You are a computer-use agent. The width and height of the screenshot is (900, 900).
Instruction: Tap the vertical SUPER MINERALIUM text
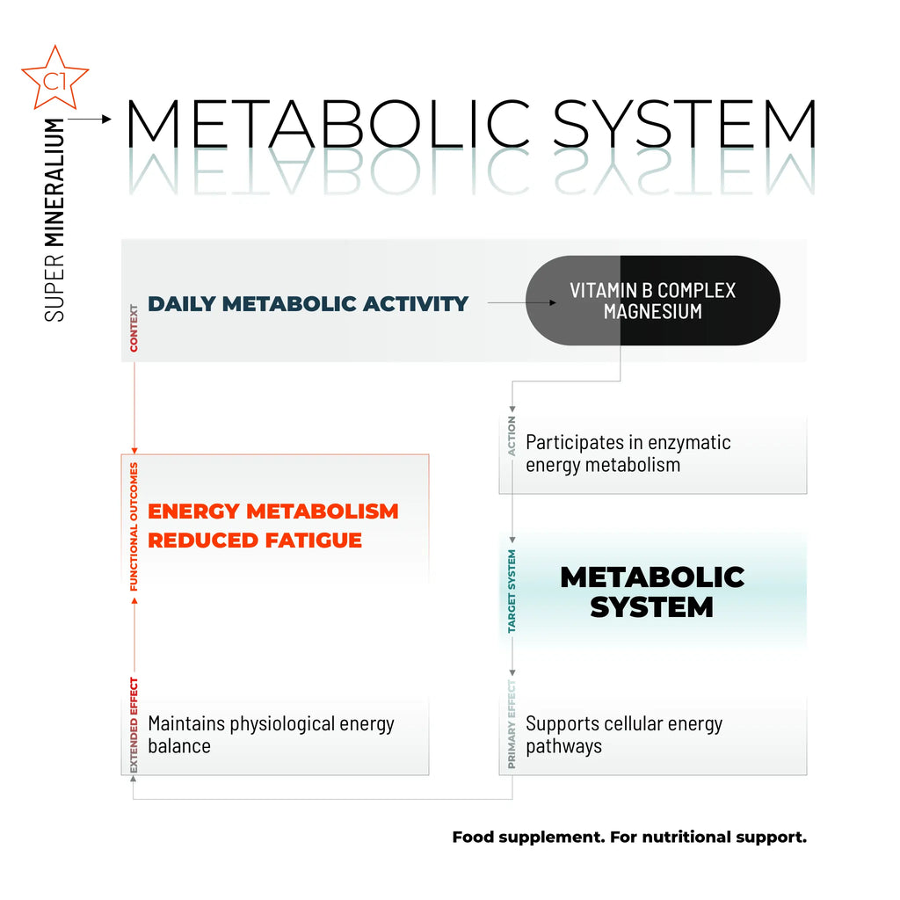pyautogui.click(x=54, y=220)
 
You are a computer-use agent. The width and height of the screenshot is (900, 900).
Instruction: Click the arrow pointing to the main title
pyautogui.click(x=91, y=118)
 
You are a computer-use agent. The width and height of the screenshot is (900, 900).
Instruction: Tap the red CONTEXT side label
pyautogui.click(x=134, y=328)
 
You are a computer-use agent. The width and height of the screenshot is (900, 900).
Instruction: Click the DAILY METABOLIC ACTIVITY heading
pyautogui.click(x=308, y=304)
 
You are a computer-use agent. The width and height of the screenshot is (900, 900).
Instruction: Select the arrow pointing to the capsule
pyautogui.click(x=522, y=303)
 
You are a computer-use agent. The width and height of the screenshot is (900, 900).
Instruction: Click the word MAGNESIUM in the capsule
pyautogui.click(x=652, y=311)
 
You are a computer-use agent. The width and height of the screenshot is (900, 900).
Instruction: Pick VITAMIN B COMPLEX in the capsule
pyautogui.click(x=652, y=290)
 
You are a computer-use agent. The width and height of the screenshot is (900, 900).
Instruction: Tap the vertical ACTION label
pyautogui.click(x=512, y=436)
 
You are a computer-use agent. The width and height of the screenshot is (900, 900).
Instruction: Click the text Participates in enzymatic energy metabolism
pyautogui.click(x=628, y=454)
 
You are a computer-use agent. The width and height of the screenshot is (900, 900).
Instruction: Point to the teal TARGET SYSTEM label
pyautogui.click(x=512, y=592)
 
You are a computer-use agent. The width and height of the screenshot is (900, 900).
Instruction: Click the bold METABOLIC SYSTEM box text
pyautogui.click(x=651, y=592)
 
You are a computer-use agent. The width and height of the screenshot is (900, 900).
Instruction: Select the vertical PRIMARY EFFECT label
pyautogui.click(x=512, y=725)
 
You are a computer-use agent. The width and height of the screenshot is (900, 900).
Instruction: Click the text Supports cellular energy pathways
pyautogui.click(x=624, y=735)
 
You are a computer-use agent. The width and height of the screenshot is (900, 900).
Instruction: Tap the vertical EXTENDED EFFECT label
pyautogui.click(x=134, y=725)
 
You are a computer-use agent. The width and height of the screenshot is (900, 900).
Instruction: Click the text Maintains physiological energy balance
pyautogui.click(x=271, y=735)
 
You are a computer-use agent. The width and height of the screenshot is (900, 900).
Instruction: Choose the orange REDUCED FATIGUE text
pyautogui.click(x=255, y=540)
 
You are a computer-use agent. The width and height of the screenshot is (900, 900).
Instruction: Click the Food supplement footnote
pyautogui.click(x=628, y=837)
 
